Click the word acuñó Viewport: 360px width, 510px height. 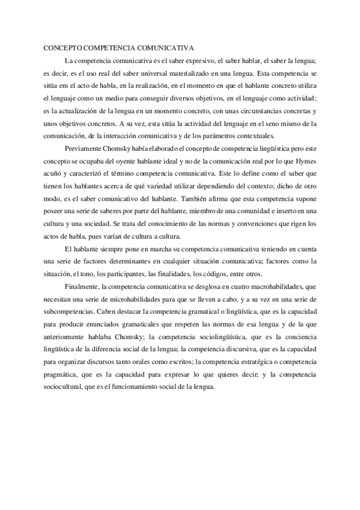click(x=55, y=173)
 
